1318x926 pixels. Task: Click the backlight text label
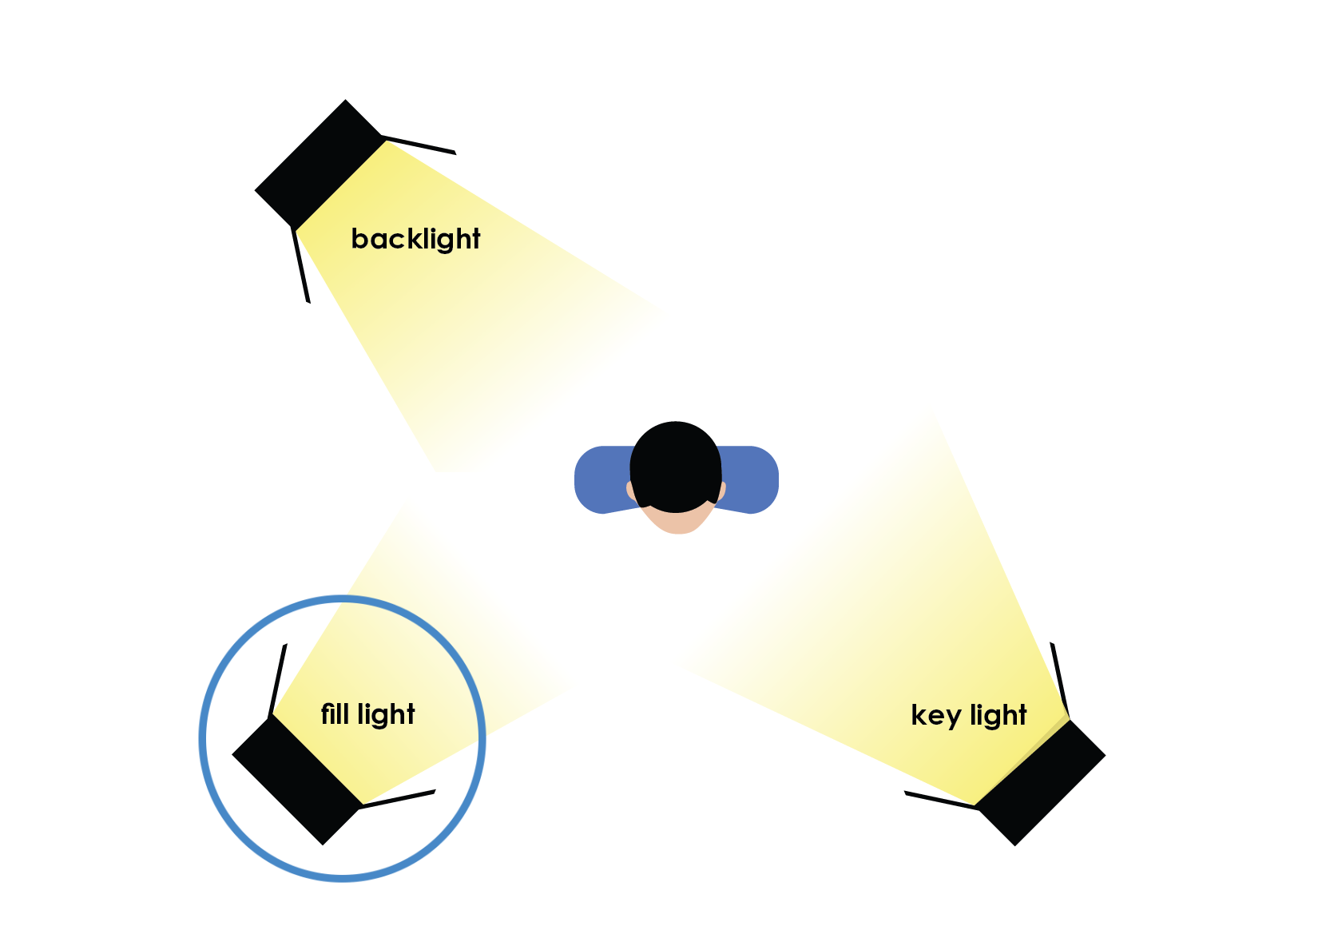(x=415, y=239)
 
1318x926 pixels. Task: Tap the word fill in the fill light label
(x=335, y=713)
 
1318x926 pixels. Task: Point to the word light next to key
(x=998, y=716)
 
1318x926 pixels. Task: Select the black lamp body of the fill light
(x=296, y=779)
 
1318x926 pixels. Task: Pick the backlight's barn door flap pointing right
(x=419, y=145)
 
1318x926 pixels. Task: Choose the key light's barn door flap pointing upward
(x=1060, y=679)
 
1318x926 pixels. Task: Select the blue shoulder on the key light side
(x=751, y=479)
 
